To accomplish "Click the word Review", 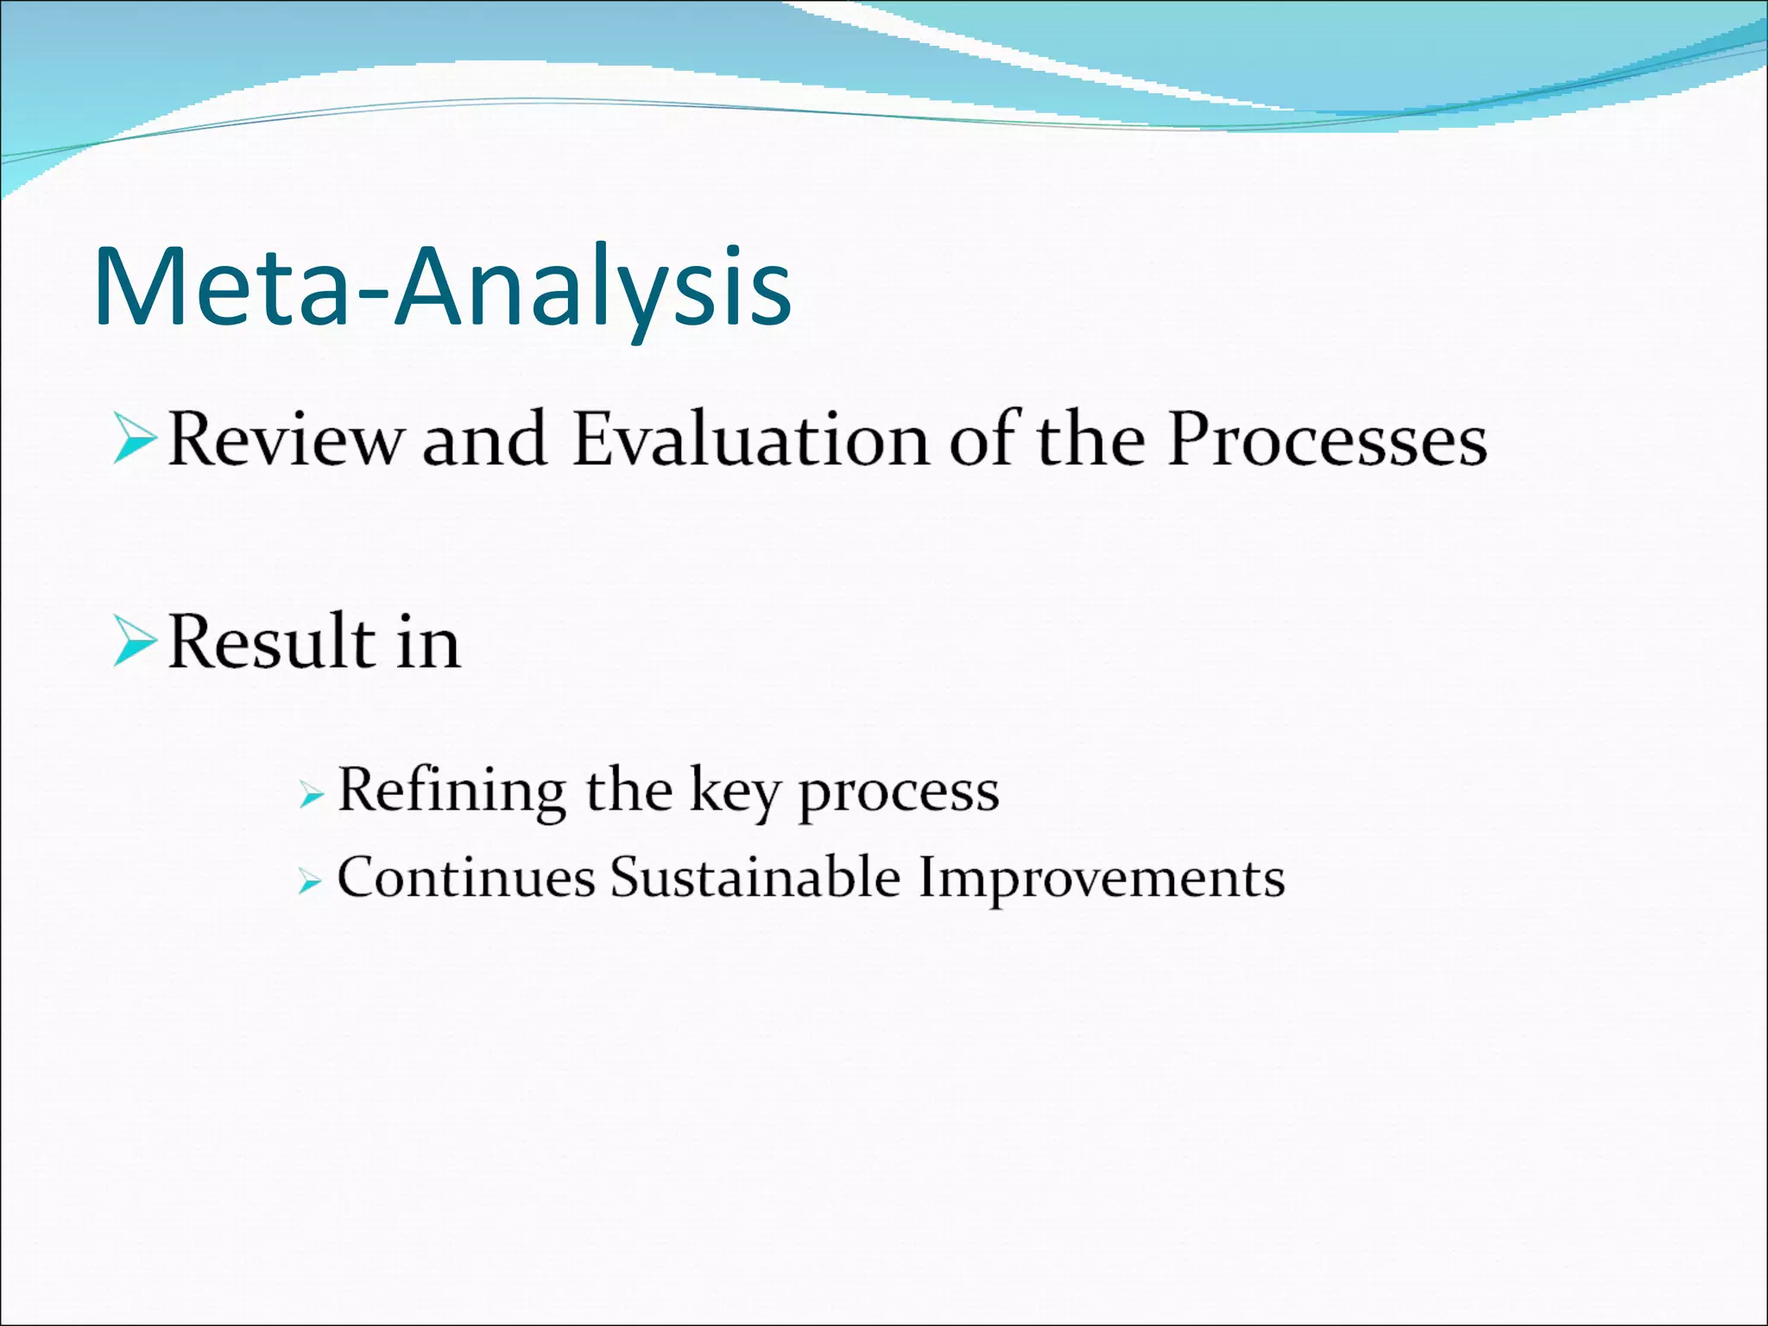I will click(x=285, y=440).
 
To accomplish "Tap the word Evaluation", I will click(x=751, y=440).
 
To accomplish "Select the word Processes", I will click(x=1327, y=440).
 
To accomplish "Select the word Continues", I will click(x=466, y=878).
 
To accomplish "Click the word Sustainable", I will click(x=755, y=878).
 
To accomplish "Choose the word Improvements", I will click(x=1101, y=880).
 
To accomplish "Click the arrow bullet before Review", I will click(x=134, y=440).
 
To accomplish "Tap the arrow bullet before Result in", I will click(x=134, y=642).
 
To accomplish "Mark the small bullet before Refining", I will click(x=310, y=794).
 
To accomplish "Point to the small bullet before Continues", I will click(x=310, y=881).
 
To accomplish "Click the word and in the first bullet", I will click(x=484, y=440).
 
